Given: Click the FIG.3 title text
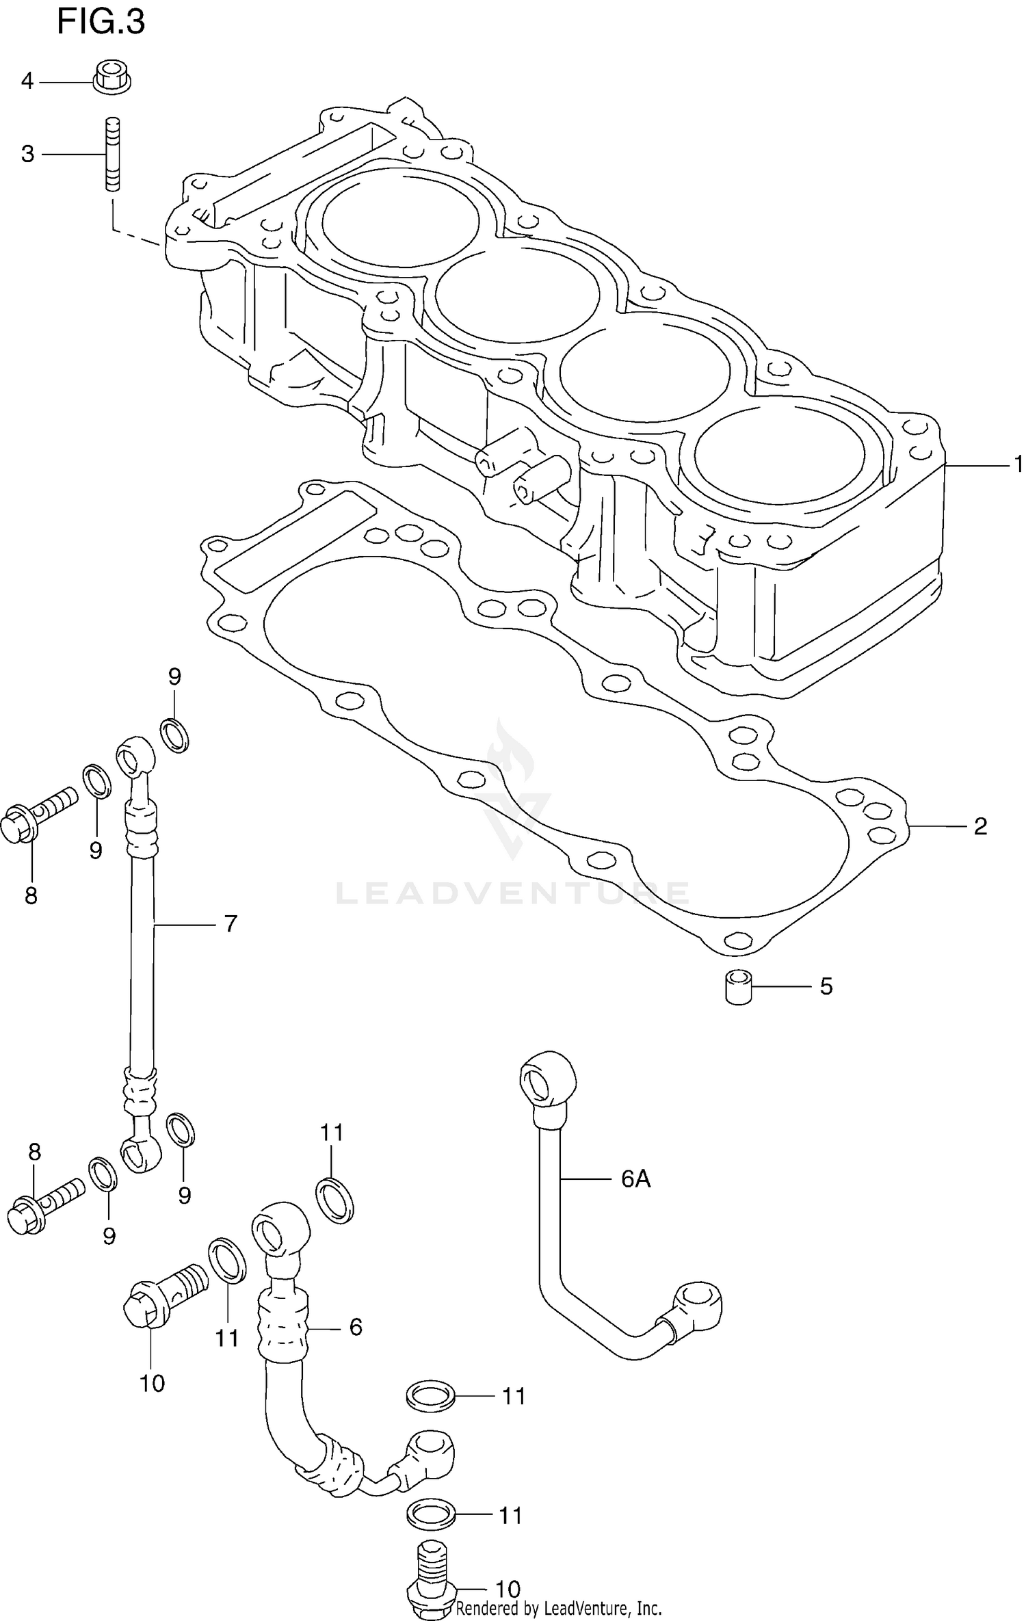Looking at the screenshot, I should pos(101,23).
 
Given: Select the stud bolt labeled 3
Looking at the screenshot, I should pos(111,154).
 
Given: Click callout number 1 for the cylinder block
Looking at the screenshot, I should pos(1018,464).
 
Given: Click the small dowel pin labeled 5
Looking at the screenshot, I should pos(738,988).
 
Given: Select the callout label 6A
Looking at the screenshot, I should pos(635,1178).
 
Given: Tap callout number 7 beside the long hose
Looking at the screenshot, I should pos(231,924).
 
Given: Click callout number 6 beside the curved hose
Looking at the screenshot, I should pos(356,1327).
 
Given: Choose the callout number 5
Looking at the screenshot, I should pos(826,987).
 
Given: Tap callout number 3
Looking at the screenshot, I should pos(27,155).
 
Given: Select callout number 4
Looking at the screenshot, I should pos(27,81).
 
